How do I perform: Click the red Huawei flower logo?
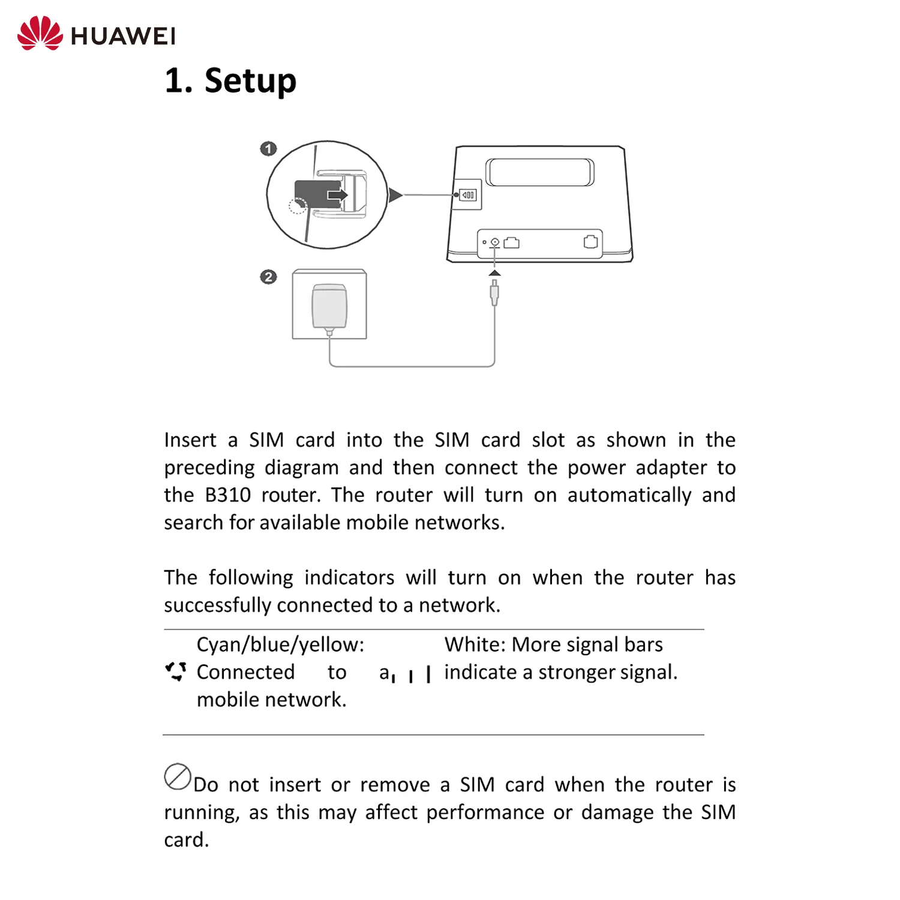click(x=40, y=34)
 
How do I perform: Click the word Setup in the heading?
click(x=250, y=81)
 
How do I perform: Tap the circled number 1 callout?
click(x=268, y=148)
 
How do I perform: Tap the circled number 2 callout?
click(x=268, y=277)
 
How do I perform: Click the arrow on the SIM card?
click(x=338, y=195)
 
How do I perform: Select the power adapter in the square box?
click(x=329, y=306)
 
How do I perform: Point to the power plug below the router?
click(x=494, y=292)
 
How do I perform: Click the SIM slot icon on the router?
click(x=468, y=195)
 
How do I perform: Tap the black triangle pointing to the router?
click(x=395, y=195)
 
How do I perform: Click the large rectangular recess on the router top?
click(x=539, y=173)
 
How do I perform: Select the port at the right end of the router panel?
click(x=590, y=242)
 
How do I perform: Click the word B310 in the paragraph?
click(x=227, y=496)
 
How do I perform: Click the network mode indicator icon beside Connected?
click(x=176, y=671)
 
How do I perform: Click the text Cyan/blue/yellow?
click(x=280, y=645)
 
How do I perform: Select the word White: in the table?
click(x=475, y=645)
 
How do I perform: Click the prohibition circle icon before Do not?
click(x=178, y=777)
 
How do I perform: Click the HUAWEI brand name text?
click(x=123, y=36)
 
